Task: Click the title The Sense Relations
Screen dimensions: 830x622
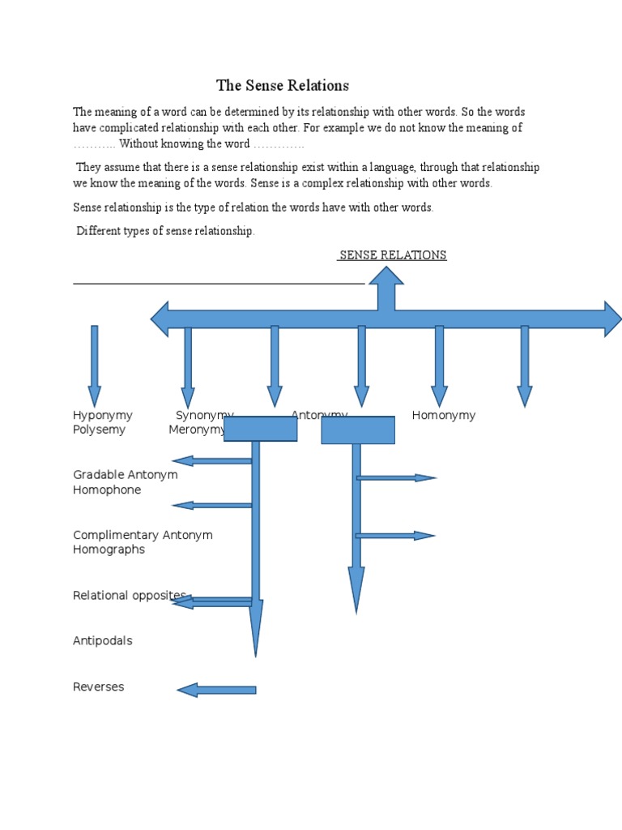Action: click(x=282, y=86)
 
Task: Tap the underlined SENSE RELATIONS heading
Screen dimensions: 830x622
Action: click(x=393, y=255)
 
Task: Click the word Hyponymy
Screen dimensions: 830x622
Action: click(x=103, y=416)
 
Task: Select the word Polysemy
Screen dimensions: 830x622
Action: click(x=99, y=430)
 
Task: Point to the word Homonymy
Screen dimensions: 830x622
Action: click(x=443, y=416)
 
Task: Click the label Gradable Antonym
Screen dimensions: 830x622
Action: click(x=126, y=475)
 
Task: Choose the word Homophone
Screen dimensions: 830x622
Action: click(x=107, y=490)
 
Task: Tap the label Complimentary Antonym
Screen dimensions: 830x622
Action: click(x=143, y=536)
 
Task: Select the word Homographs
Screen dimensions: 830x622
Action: click(x=109, y=550)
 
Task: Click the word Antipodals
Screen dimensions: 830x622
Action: click(x=103, y=641)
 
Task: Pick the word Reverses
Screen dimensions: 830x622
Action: click(x=99, y=687)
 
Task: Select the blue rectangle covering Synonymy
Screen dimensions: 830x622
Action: click(x=260, y=429)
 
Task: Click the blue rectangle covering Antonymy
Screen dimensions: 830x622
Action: click(x=358, y=430)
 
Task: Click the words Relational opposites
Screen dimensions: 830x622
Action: click(x=130, y=596)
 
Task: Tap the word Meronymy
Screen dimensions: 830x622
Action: click(x=195, y=430)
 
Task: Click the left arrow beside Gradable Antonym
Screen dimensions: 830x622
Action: click(x=212, y=461)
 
